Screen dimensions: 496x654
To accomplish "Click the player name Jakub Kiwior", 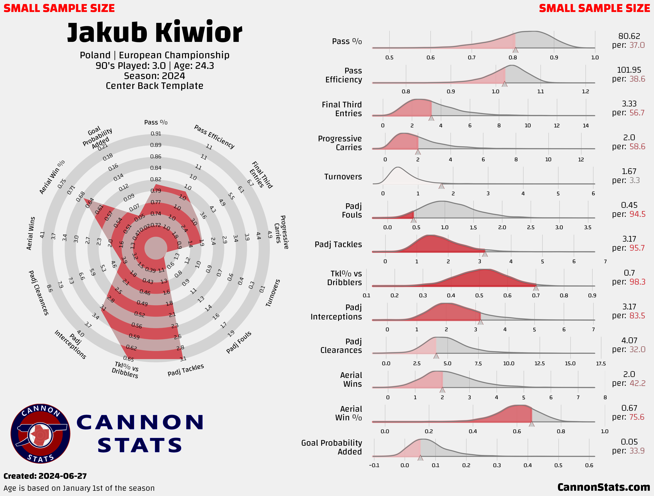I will (155, 33).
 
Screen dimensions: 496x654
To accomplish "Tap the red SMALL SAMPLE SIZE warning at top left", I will (59, 8).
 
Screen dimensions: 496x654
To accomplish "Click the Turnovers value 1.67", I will (629, 171).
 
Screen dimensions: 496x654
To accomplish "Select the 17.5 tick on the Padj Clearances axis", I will (601, 363).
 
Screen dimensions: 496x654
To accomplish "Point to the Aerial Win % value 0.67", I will (629, 408).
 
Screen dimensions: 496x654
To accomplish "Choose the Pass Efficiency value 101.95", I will (629, 70).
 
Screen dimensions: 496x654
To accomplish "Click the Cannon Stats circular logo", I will (40, 434).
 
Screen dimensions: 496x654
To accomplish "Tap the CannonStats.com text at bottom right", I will (603, 487).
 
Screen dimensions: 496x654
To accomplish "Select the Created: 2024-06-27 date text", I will (45, 476).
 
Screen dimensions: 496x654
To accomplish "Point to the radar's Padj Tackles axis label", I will (186, 370).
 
